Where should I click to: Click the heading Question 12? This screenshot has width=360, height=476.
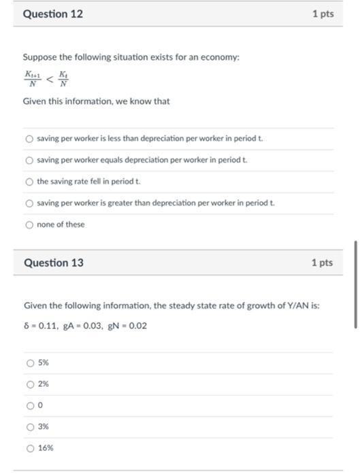point(53,14)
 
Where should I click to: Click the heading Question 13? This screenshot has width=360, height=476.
point(53,262)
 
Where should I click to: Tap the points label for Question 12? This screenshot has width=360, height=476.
point(323,14)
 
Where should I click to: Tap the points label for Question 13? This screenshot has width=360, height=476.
point(323,262)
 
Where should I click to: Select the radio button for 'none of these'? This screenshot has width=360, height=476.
point(29,224)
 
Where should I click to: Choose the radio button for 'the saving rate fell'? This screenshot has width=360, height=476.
point(29,182)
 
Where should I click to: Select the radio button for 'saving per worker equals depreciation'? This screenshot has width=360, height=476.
point(29,160)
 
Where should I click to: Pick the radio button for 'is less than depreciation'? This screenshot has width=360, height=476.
point(29,139)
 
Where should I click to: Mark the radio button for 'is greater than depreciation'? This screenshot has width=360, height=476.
point(29,203)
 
